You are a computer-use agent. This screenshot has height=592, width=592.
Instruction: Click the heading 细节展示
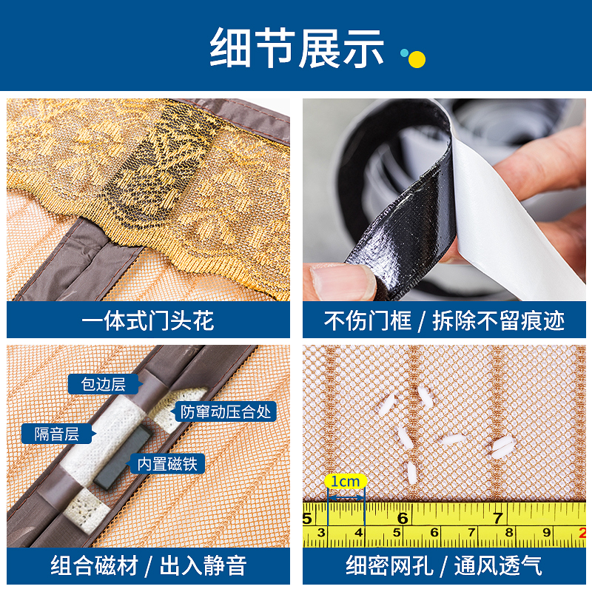click(x=297, y=48)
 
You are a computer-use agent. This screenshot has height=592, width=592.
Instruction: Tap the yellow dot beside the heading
click(x=417, y=59)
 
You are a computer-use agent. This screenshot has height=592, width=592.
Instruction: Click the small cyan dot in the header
click(x=404, y=53)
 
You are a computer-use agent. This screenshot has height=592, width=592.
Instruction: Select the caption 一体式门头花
click(x=148, y=321)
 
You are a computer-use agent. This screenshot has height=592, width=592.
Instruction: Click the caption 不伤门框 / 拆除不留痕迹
click(x=444, y=321)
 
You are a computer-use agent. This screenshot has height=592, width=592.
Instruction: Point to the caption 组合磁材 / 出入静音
click(x=149, y=565)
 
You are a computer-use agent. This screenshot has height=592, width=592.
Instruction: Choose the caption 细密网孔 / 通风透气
click(x=444, y=565)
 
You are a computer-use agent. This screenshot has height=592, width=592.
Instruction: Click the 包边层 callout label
click(x=103, y=384)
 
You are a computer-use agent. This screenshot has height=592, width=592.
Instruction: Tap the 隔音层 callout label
click(x=57, y=434)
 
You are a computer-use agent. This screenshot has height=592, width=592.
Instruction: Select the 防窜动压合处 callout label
click(x=226, y=411)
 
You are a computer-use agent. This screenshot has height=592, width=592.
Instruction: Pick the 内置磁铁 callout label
click(x=167, y=464)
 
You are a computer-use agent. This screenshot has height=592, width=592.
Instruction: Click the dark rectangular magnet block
click(x=121, y=458)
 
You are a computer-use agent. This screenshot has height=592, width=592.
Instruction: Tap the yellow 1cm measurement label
click(x=346, y=482)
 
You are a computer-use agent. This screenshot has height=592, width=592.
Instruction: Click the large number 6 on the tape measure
click(x=403, y=517)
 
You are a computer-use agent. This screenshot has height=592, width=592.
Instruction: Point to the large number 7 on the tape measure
click(x=497, y=517)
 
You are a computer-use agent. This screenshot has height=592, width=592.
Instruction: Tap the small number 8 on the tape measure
click(x=509, y=532)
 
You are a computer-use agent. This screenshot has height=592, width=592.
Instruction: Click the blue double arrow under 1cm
click(x=346, y=498)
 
